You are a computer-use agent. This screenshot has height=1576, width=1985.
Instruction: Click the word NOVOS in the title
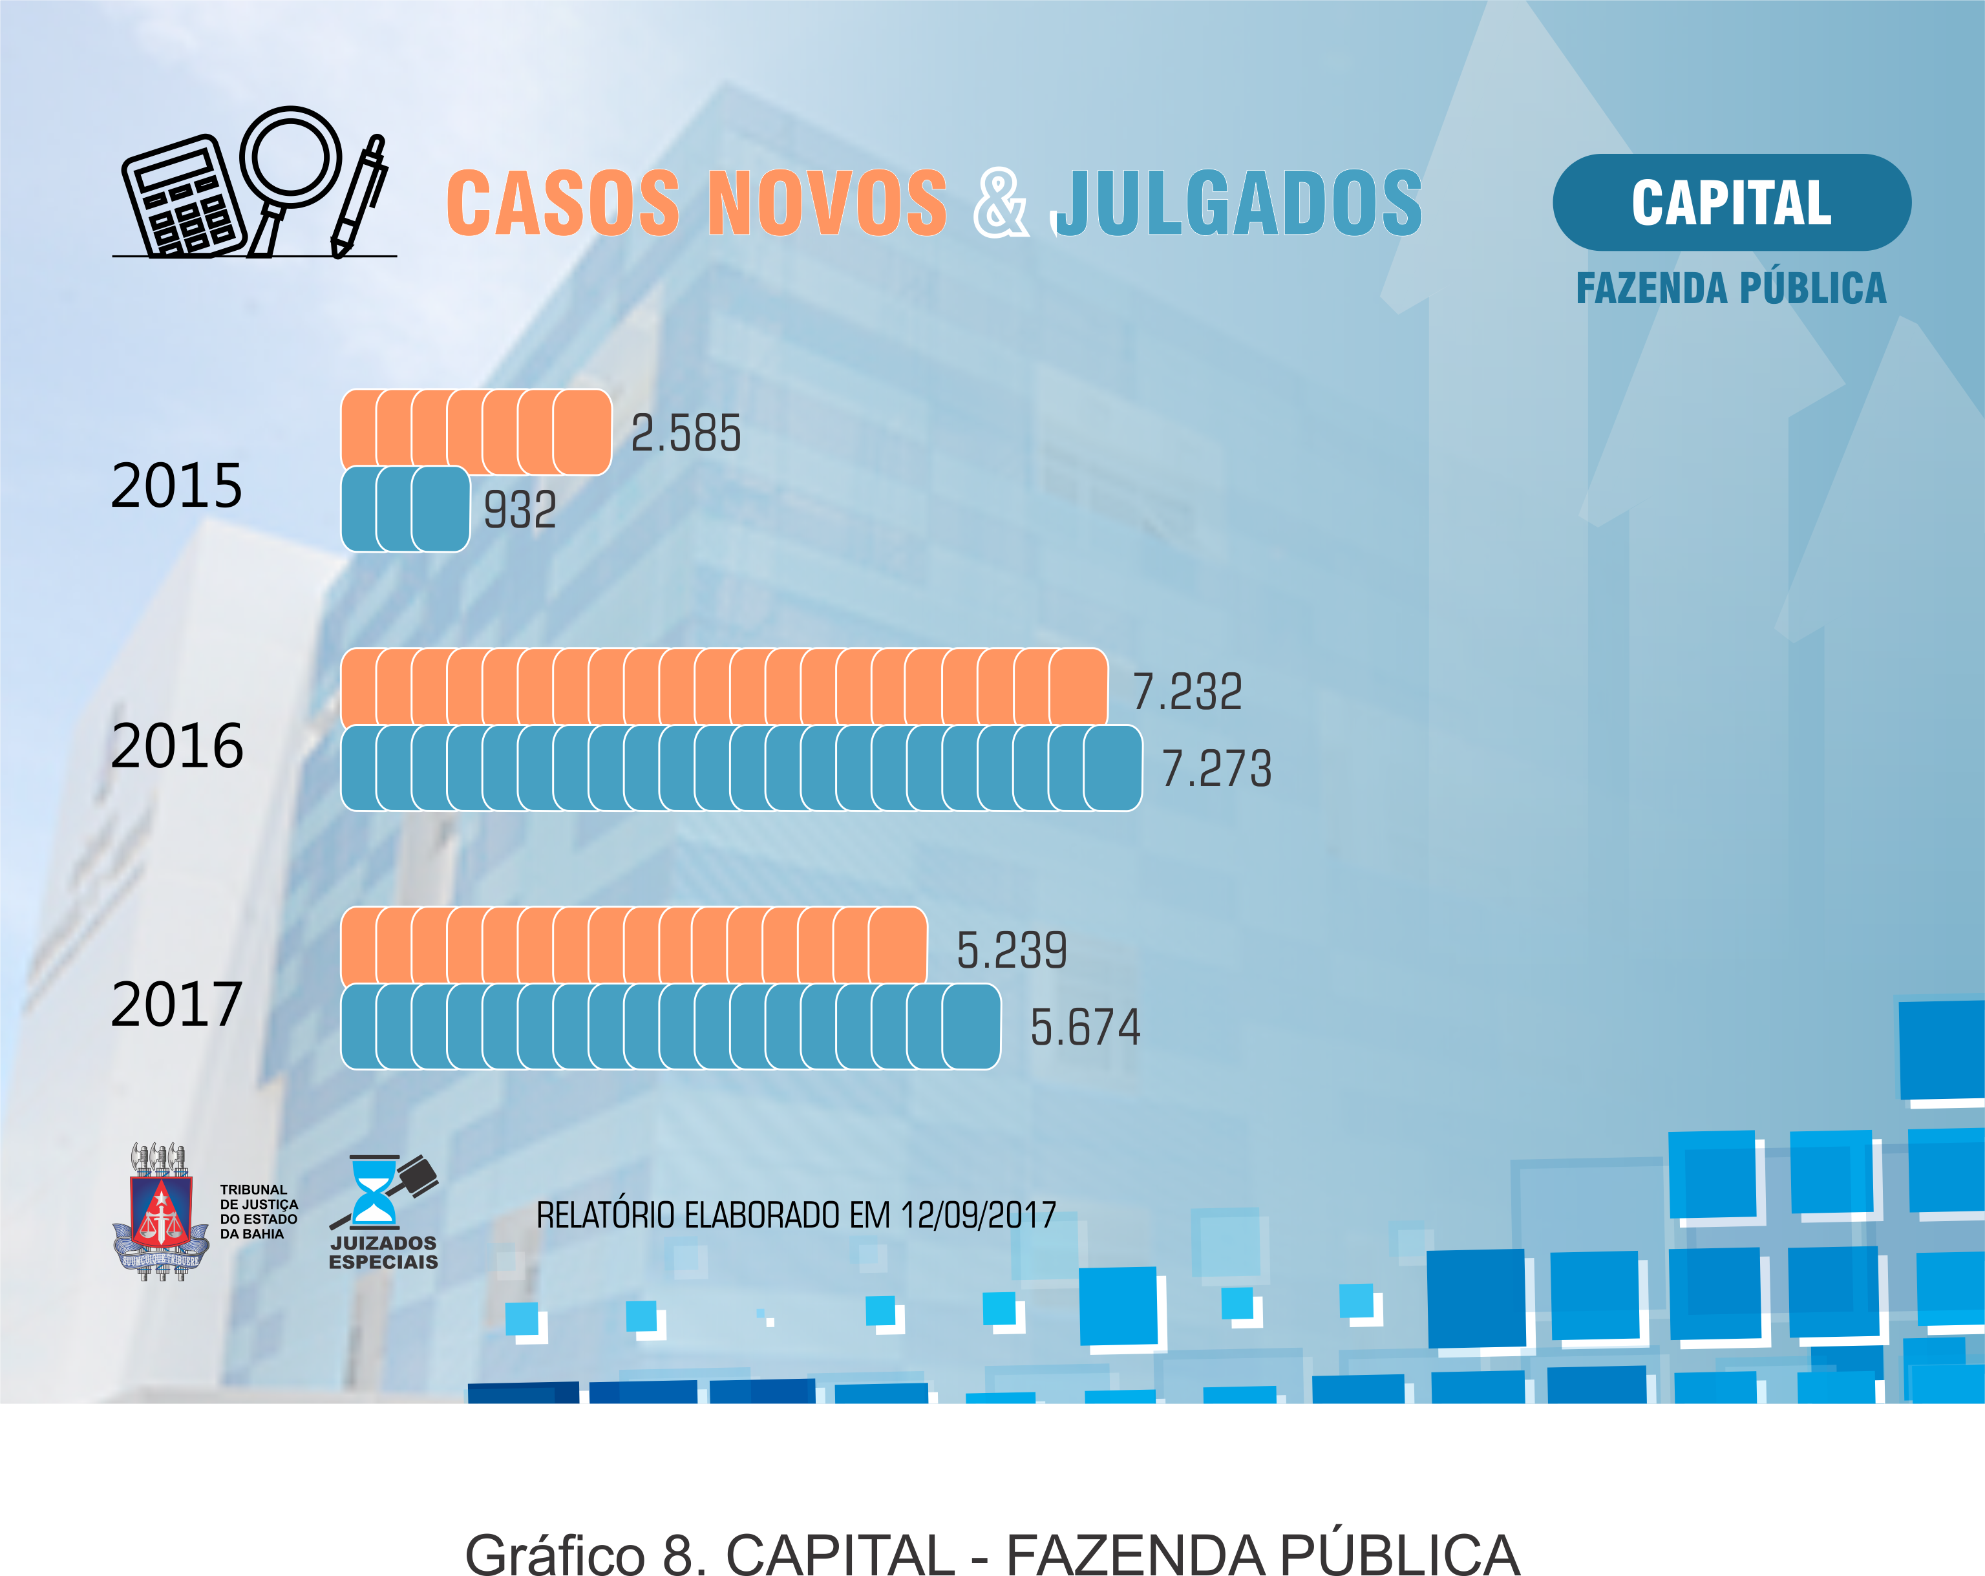point(826,204)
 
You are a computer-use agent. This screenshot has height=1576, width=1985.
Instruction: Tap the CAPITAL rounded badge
point(1731,202)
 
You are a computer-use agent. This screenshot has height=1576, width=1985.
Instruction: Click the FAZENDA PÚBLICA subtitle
point(1731,288)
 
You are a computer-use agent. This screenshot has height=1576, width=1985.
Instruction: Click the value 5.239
point(1011,950)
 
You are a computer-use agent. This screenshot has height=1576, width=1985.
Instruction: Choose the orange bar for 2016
point(724,687)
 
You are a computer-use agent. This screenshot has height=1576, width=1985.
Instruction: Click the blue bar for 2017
point(670,1027)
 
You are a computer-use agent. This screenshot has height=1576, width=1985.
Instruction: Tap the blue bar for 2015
point(405,509)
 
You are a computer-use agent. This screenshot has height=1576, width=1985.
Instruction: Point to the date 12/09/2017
point(978,1215)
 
